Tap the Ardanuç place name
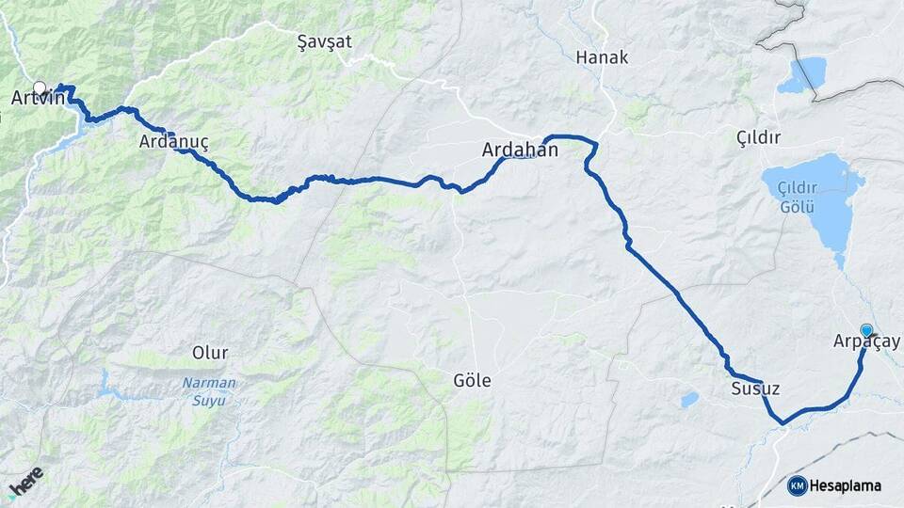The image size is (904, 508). click(172, 142)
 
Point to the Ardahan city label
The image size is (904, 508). click(520, 150)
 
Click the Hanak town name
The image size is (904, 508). click(602, 57)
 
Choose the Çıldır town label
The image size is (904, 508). click(759, 138)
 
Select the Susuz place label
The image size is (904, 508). click(755, 389)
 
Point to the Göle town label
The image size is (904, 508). click(473, 381)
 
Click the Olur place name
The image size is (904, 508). click(210, 353)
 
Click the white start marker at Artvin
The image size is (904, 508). click(40, 87)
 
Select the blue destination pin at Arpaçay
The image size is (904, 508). click(866, 330)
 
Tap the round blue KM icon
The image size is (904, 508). click(797, 486)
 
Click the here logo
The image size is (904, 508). click(25, 482)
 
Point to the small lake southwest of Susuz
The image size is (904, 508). click(690, 400)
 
